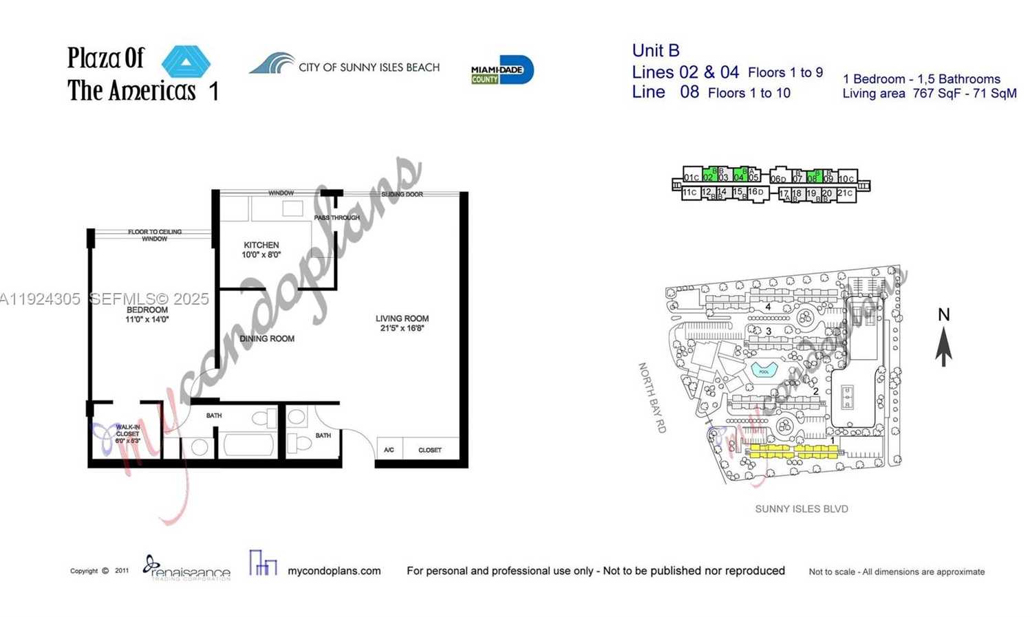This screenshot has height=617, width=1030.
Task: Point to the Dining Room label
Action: tap(267, 338)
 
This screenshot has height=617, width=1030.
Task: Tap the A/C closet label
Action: tap(389, 450)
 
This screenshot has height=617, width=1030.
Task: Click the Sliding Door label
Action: tap(402, 195)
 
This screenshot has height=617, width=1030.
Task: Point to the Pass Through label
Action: tap(336, 217)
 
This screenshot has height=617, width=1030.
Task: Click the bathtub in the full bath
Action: tap(248, 445)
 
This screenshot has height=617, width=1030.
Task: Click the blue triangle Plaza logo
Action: tap(186, 62)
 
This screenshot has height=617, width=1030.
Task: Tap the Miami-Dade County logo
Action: tap(502, 70)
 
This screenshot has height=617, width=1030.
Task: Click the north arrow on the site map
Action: tap(943, 344)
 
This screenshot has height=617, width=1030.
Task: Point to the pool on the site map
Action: tap(764, 371)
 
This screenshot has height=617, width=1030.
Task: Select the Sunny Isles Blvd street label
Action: tap(801, 509)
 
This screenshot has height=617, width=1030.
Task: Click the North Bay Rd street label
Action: tap(652, 398)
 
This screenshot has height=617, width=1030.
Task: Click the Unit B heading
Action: tap(656, 50)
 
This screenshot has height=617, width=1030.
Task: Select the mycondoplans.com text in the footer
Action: tap(334, 571)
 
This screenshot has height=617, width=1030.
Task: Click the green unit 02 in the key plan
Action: tap(708, 176)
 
